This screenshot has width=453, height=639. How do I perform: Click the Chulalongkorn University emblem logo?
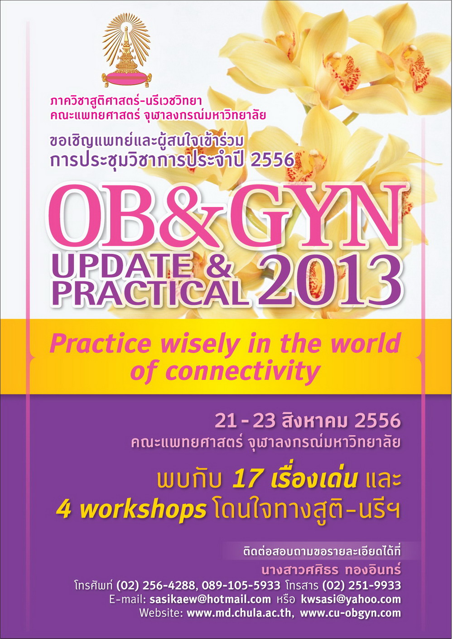pos(126,51)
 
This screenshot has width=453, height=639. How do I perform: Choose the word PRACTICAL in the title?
pos(149,294)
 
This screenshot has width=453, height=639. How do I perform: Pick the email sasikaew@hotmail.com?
pos(210,599)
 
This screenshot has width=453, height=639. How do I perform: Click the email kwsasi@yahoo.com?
pos(351,599)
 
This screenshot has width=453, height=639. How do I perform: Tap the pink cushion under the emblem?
pos(126,78)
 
